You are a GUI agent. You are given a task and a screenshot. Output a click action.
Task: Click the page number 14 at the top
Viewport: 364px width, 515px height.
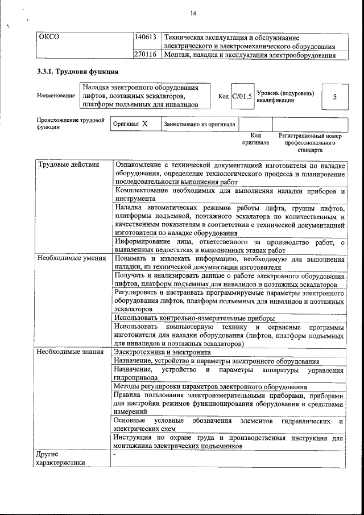tap(193, 13)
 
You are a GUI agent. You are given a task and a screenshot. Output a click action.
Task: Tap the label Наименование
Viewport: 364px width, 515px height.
tap(56, 96)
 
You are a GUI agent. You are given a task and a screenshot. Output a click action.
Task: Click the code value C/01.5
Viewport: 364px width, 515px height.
tap(242, 96)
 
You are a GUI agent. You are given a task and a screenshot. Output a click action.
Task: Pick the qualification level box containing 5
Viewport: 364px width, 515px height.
tap(334, 97)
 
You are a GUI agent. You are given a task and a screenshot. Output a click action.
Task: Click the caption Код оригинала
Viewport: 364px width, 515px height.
tap(255, 139)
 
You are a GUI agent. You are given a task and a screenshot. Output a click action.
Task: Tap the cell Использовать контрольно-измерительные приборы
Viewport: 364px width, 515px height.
tap(195, 318)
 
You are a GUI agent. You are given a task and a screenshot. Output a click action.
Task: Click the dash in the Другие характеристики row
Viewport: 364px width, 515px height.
tap(114, 455)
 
